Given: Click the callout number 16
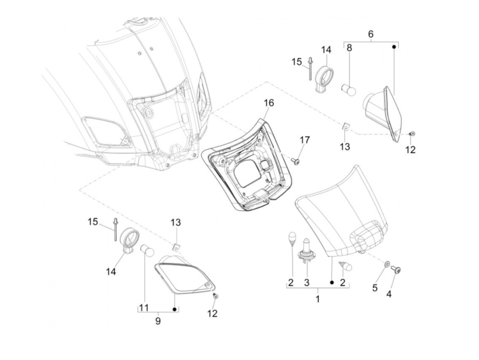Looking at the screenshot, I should (x=269, y=102).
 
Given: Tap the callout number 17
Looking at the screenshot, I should (x=305, y=140).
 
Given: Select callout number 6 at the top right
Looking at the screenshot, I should (x=371, y=34).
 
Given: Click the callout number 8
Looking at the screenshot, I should (x=349, y=48).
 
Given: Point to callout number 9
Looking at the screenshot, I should (x=158, y=321).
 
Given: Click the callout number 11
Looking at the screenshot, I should (x=144, y=308).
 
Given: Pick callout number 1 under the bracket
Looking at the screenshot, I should (x=318, y=299).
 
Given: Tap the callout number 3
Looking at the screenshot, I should (x=307, y=282).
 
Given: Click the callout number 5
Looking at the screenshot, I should (x=375, y=288).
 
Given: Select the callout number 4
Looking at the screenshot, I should (x=389, y=294).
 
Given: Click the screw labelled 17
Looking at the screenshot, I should (x=296, y=160).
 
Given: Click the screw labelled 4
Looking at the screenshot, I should (x=397, y=270).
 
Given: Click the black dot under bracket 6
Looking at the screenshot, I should (x=394, y=47).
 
